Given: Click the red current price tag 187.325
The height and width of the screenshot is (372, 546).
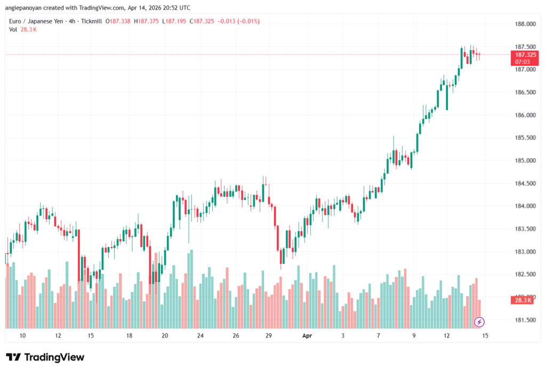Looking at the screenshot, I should [523, 55].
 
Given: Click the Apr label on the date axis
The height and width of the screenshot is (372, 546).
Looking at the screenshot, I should [307, 336].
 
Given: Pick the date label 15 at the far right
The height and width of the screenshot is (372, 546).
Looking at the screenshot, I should [485, 336].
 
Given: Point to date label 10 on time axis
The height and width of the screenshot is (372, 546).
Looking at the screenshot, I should [22, 336].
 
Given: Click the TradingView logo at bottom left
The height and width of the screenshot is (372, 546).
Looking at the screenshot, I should [45, 357].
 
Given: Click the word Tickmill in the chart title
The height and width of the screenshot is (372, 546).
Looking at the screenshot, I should [90, 21].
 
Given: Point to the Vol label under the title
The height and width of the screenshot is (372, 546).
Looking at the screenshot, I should [13, 29].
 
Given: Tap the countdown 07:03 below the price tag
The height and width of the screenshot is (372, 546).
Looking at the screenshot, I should [523, 62].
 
